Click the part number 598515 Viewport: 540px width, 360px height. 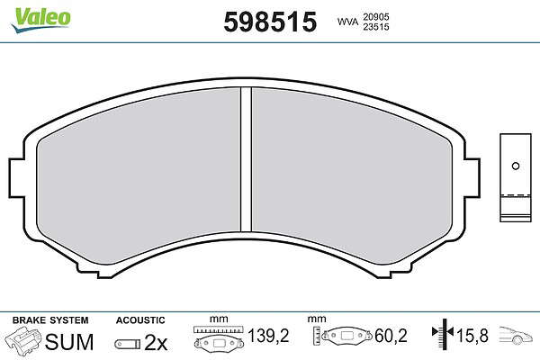tap(270, 22)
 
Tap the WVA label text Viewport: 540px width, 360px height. tap(347, 22)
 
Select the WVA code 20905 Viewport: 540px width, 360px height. tap(375, 17)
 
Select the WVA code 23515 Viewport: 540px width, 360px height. tap(375, 27)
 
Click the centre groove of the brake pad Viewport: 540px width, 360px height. tap(246, 159)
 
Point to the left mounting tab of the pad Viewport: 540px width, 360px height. tap(17, 178)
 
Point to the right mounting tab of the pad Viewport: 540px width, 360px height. tap(472, 178)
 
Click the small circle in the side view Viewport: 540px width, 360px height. tap(516, 166)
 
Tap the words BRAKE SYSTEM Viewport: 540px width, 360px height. tap(50, 320)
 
